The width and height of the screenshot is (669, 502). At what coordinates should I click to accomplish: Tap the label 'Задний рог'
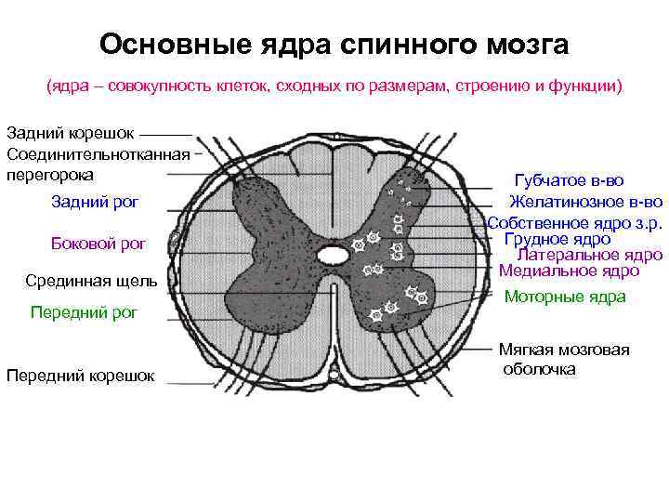[94, 204]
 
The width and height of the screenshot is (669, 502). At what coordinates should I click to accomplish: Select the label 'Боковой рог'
[98, 244]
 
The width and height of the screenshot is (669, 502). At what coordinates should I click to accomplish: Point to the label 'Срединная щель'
[91, 281]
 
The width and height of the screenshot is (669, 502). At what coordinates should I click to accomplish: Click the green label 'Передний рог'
[84, 312]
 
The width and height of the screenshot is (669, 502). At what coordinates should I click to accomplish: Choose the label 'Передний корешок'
[80, 376]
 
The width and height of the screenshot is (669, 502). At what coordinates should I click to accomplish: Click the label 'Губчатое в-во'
[569, 180]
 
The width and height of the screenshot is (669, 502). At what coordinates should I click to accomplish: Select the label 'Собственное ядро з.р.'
[574, 223]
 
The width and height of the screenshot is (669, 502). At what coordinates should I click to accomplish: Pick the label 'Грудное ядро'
[557, 239]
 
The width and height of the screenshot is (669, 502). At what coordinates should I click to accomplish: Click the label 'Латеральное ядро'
[589, 255]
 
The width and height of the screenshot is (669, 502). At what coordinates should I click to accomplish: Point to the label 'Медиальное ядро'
[569, 271]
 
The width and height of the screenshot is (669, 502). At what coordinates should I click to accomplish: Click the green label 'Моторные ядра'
[564, 297]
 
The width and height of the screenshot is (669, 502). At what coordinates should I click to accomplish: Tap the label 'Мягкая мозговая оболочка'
[564, 359]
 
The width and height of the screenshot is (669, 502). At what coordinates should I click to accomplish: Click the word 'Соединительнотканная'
[98, 154]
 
